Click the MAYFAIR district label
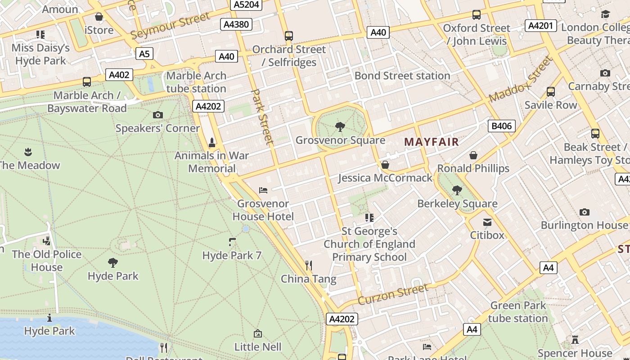tap(431, 142)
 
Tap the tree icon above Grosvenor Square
tap(340, 127)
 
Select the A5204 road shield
tap(246, 5)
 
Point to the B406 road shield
tap(501, 126)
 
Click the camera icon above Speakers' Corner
tap(157, 115)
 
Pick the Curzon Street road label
tap(393, 294)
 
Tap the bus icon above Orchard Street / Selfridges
tap(289, 36)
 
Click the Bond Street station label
tap(402, 76)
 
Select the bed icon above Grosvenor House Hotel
tap(263, 190)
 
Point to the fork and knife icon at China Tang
tap(309, 265)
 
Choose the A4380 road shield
tap(236, 24)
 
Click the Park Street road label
tap(262, 117)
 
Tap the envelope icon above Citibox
tap(487, 222)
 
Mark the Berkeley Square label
tap(457, 203)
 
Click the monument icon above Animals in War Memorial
tap(211, 143)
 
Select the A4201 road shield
tap(540, 26)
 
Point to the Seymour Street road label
tap(170, 26)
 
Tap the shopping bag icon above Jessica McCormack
tap(385, 165)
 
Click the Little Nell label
tap(258, 346)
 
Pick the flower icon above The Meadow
tap(28, 152)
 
